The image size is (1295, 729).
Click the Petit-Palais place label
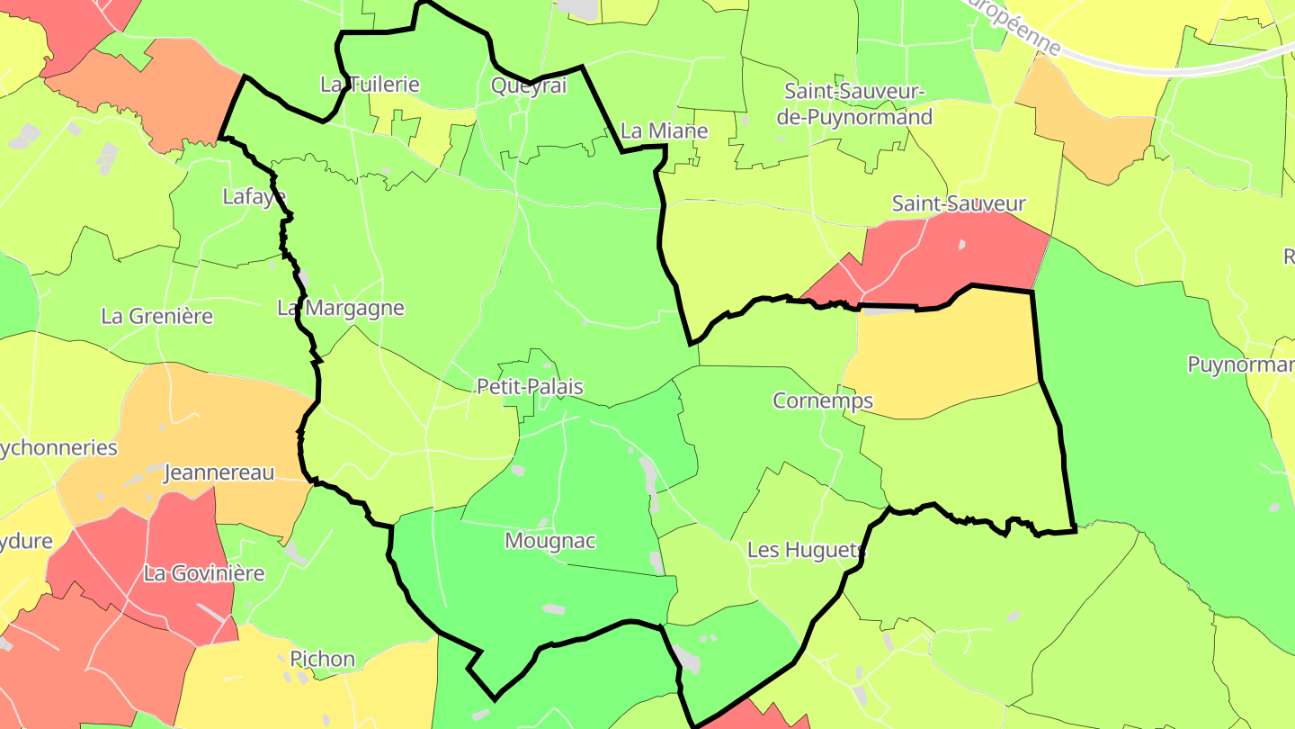pos(530,387)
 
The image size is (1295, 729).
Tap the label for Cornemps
pos(823,400)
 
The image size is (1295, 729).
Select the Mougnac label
pos(550,541)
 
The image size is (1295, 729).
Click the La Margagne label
pos(341,308)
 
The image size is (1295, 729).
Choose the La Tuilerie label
pos(370,84)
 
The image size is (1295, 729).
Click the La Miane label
pos(665,130)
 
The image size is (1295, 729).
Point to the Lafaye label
pos(254,196)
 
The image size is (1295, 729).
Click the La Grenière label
pos(156,316)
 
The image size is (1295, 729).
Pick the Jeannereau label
pos(219,472)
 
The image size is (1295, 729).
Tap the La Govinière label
pos(204,573)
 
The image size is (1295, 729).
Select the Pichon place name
pos(322,659)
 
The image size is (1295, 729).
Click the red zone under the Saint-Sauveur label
pos(953,256)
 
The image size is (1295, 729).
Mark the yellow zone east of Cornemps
pos(944,360)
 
